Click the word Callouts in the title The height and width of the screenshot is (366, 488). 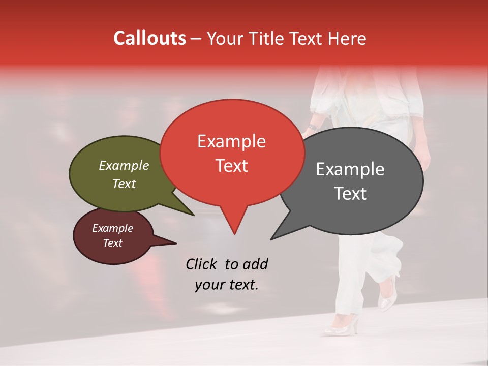coord(149,39)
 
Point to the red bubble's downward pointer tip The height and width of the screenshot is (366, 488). coord(234,233)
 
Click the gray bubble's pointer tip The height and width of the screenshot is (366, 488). coord(271,239)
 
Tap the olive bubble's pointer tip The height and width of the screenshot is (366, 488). coord(194,215)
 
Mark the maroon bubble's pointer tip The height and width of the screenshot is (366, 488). coord(176,243)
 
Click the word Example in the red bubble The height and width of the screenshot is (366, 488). coord(231,141)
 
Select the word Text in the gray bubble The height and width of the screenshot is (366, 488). coord(351,194)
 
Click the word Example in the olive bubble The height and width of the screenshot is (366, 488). coord(124,166)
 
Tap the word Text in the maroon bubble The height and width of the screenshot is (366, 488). coord(113,243)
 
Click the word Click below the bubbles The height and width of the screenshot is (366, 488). coord(201,264)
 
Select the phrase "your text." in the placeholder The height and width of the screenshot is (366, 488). coord(226,285)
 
